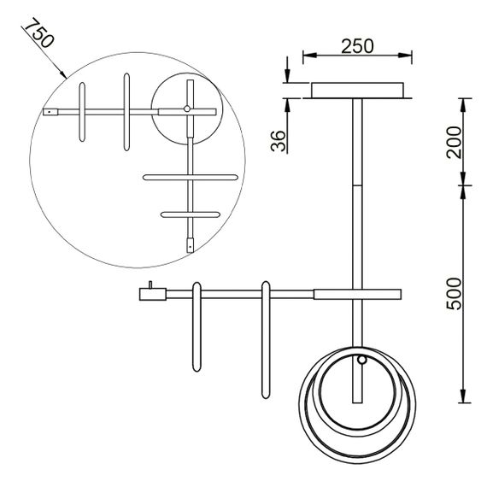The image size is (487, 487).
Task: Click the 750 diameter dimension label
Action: pos(39,32)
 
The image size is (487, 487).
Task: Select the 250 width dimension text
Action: pos(357,46)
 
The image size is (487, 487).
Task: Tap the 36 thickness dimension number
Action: pos(278,141)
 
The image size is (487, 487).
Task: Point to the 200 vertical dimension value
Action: pos(454,142)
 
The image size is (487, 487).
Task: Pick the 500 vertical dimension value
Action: pos(454,294)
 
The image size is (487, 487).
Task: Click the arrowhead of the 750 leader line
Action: pos(63,75)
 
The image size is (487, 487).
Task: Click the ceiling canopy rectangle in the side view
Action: pos(357,91)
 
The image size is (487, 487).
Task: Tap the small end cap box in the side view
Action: pos(152,294)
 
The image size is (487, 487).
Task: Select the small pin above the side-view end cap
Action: pos(150,285)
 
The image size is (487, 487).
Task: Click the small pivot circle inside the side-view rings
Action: pos(361,360)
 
